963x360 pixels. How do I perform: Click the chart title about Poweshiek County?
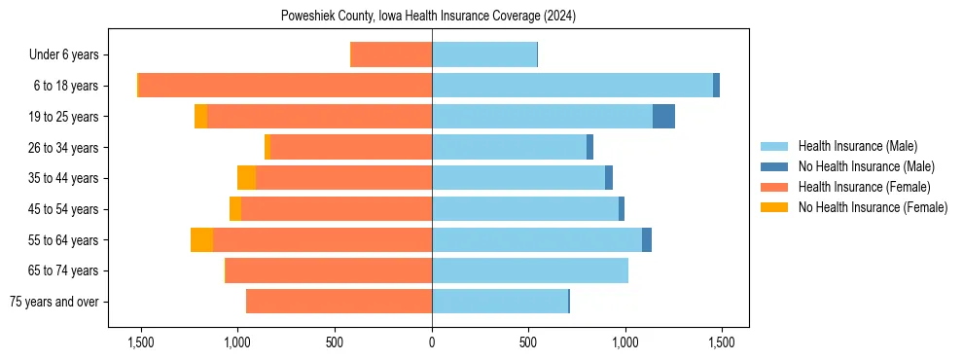tap(429, 17)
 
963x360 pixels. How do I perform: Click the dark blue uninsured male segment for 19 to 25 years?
tap(663, 117)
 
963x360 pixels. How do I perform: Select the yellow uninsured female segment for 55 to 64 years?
tap(201, 240)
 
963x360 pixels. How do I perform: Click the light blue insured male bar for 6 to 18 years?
tap(572, 86)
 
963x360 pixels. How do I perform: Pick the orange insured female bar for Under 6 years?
tap(391, 55)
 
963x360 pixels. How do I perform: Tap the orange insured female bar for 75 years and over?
tap(339, 302)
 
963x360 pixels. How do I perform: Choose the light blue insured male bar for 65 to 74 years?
tap(530, 270)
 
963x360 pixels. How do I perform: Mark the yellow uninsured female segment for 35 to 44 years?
tap(246, 178)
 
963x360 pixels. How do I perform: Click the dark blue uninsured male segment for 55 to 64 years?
tap(647, 240)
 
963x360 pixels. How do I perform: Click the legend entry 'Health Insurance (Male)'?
tap(857, 146)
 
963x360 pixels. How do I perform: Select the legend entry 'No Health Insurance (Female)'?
tap(873, 207)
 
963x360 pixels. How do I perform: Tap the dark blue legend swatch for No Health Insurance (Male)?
tap(774, 166)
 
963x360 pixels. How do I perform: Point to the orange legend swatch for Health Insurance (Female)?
tap(774, 187)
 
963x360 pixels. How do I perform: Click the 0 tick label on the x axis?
tap(432, 342)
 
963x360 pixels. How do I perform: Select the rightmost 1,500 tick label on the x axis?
tap(721, 342)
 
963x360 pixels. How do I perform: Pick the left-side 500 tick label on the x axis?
tap(335, 342)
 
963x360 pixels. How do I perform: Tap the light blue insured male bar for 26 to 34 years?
tap(509, 148)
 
